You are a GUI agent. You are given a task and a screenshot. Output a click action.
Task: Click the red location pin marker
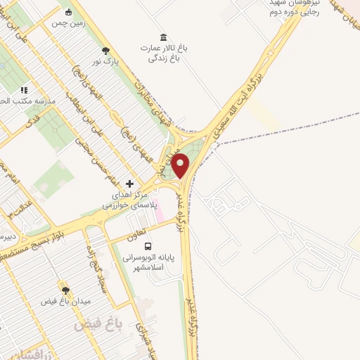181,167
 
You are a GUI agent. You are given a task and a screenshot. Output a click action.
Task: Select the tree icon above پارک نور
105,50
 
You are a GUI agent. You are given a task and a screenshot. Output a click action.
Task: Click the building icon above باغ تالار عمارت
163,37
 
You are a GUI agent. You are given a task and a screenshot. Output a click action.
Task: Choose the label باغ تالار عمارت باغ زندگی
164,53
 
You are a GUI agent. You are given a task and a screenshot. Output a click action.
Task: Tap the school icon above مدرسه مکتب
24,90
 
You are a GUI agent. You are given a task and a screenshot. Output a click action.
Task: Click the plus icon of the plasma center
129,182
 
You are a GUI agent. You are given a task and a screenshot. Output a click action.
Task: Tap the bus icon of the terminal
148,246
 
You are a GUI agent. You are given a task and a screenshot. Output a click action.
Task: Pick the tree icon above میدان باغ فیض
65,290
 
